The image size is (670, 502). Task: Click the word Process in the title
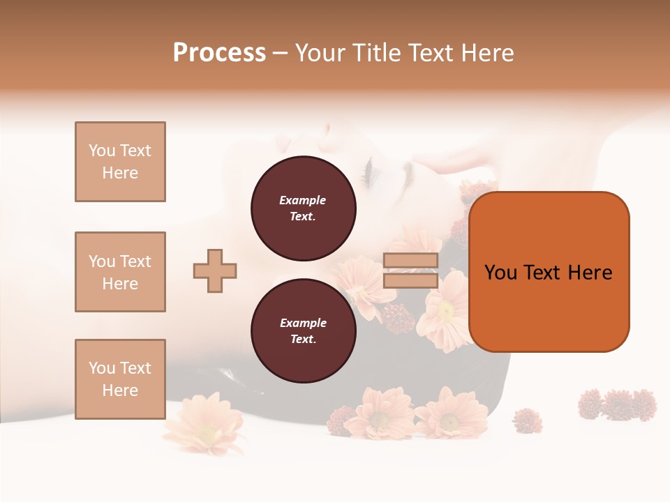219,53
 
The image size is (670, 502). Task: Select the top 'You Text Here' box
120,162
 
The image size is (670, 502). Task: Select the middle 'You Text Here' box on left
120,272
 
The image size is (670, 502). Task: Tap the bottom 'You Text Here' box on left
120,379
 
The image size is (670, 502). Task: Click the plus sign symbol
215,271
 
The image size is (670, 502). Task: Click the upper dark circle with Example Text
303,208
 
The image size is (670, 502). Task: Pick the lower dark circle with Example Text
303,330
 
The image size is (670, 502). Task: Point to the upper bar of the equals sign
410,260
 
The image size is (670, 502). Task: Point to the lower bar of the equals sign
410,280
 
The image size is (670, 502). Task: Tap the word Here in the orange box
590,273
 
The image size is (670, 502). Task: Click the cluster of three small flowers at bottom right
617,404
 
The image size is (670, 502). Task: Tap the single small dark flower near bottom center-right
527,420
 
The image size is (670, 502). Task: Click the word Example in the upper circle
302,200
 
